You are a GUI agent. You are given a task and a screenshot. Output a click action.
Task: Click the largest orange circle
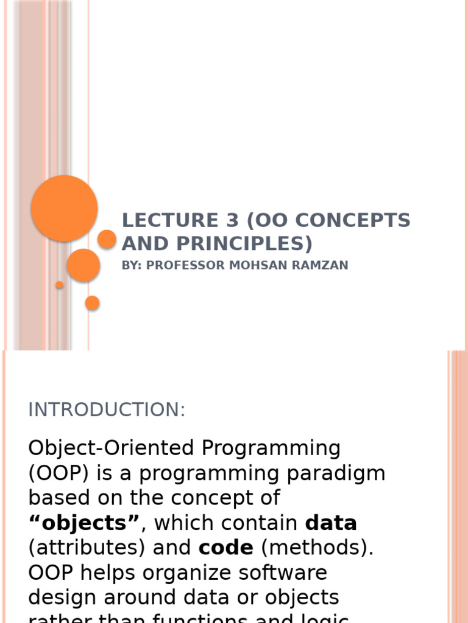tap(64, 208)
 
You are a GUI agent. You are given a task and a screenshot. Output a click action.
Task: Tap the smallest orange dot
tap(60, 285)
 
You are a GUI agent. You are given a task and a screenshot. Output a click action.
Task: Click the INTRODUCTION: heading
tap(107, 410)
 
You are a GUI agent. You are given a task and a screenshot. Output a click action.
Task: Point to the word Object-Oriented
tap(110, 448)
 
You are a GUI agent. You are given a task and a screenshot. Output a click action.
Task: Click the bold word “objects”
tap(84, 523)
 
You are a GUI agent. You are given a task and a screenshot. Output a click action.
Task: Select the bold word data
tap(331, 523)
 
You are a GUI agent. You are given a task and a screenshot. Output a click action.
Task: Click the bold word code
tap(225, 548)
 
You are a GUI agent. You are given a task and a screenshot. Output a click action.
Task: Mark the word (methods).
tap(317, 548)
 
